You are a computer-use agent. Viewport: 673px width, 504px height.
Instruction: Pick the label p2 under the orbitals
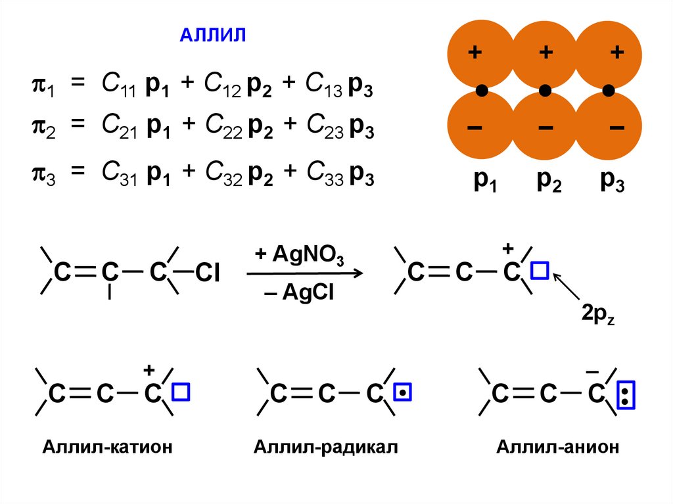pos(549,183)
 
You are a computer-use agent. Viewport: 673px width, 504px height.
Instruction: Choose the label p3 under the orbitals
pos(612,182)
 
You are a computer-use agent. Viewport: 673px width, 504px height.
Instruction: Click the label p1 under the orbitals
pos(486,183)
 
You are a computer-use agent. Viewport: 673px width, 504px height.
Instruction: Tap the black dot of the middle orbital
pos(545,90)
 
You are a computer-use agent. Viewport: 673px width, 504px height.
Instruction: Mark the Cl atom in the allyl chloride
pos(206,273)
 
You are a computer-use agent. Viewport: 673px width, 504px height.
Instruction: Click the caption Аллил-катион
pos(107,447)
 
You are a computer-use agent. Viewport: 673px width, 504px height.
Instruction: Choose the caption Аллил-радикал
pos(326,447)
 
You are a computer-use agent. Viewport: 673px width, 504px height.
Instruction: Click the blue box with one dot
pos(403,393)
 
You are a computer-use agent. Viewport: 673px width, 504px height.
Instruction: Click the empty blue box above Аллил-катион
pos(181,392)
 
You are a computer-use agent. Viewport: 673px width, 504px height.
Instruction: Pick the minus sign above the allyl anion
pos(592,373)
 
